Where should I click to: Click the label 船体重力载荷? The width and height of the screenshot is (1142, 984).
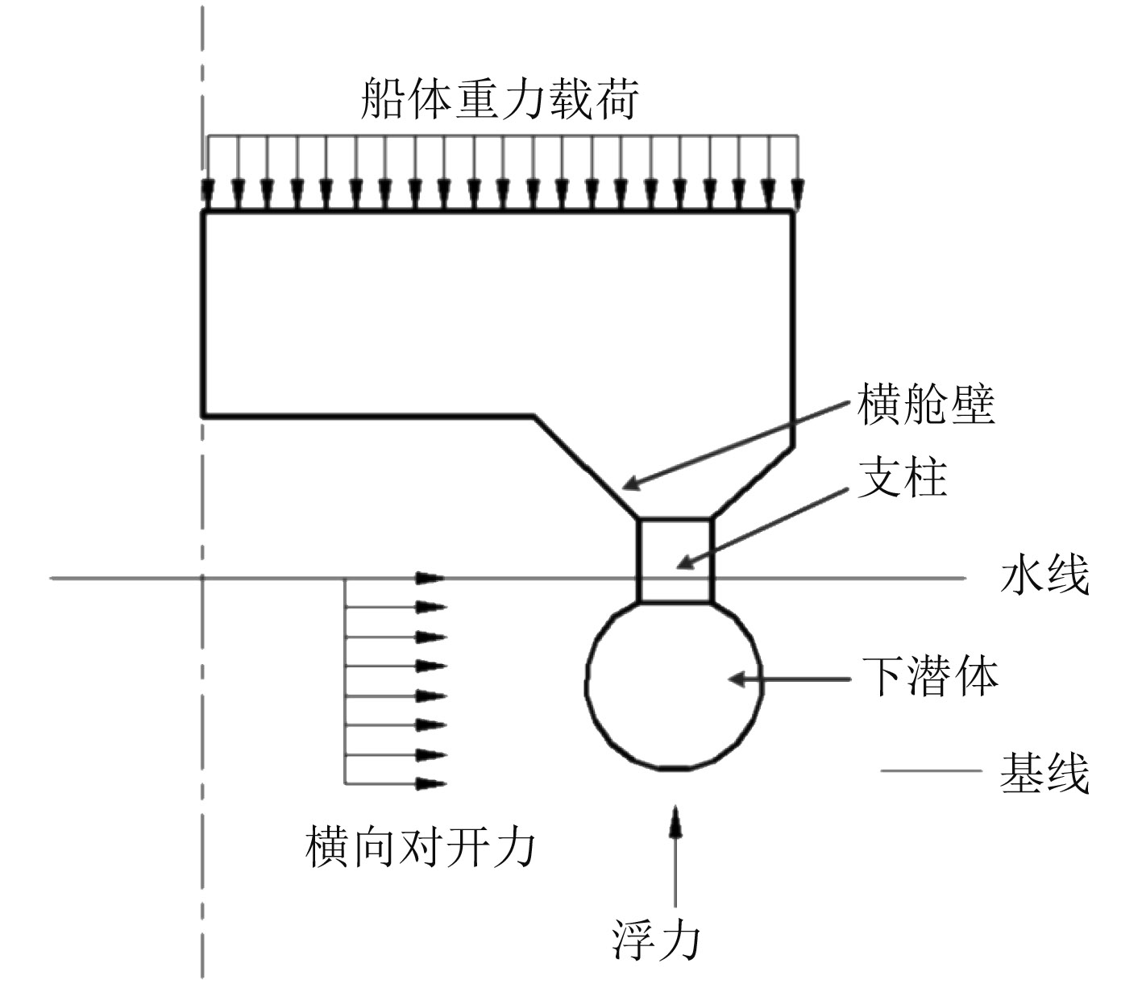(x=500, y=99)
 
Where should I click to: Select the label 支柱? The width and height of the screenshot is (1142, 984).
(x=902, y=478)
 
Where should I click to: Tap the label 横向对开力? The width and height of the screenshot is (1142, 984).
(x=420, y=847)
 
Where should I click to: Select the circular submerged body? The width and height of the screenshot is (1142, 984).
(x=672, y=685)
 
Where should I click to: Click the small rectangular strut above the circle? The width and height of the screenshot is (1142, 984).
(x=675, y=560)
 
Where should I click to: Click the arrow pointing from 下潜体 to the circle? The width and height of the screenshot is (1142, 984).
(x=790, y=679)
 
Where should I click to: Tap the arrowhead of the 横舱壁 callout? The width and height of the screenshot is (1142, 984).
(x=631, y=485)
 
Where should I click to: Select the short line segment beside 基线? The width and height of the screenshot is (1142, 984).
(x=931, y=771)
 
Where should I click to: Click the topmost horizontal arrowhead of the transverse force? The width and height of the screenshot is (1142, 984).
(x=431, y=578)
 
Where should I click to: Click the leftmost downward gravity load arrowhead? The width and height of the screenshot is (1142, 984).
(x=209, y=194)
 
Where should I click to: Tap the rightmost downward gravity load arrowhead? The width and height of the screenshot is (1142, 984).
(x=797, y=194)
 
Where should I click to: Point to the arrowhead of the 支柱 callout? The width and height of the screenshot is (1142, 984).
(x=682, y=564)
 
